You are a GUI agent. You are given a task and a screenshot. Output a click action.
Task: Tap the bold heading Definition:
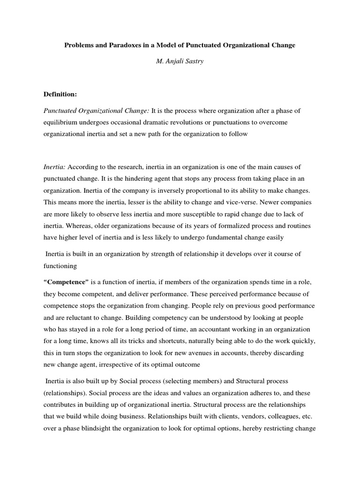[x=60, y=94]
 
